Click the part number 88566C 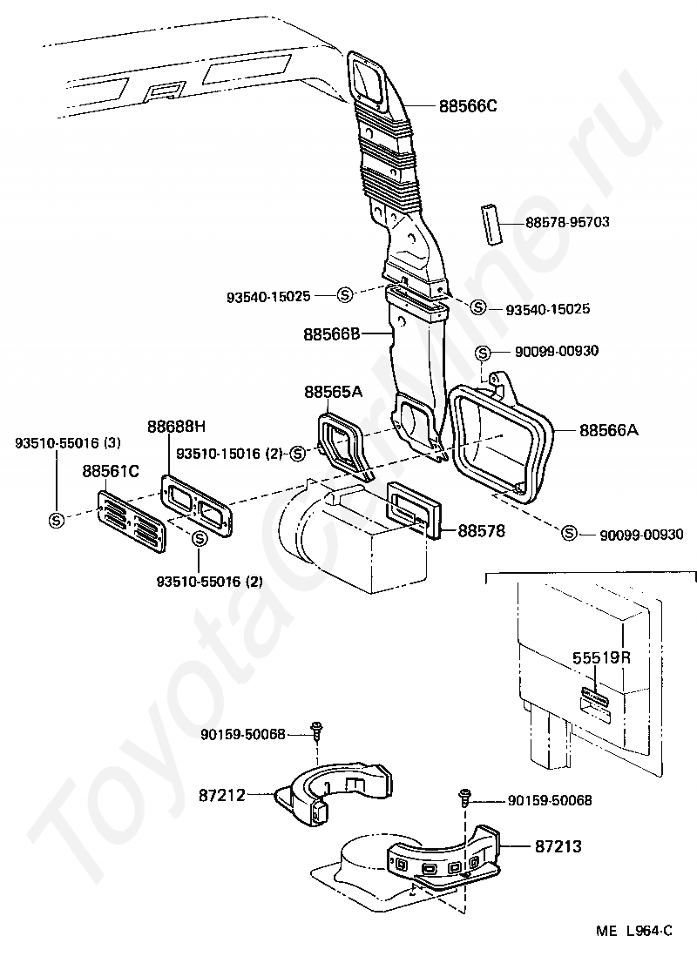click(x=467, y=106)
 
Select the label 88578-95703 click(x=567, y=222)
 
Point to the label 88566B click(x=332, y=333)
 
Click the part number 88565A click(x=333, y=393)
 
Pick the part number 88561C click(x=111, y=471)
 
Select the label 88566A click(x=609, y=429)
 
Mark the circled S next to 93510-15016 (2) click(x=299, y=453)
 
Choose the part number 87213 click(x=558, y=845)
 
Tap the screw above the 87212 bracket click(x=316, y=728)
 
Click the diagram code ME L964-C click(x=634, y=931)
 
